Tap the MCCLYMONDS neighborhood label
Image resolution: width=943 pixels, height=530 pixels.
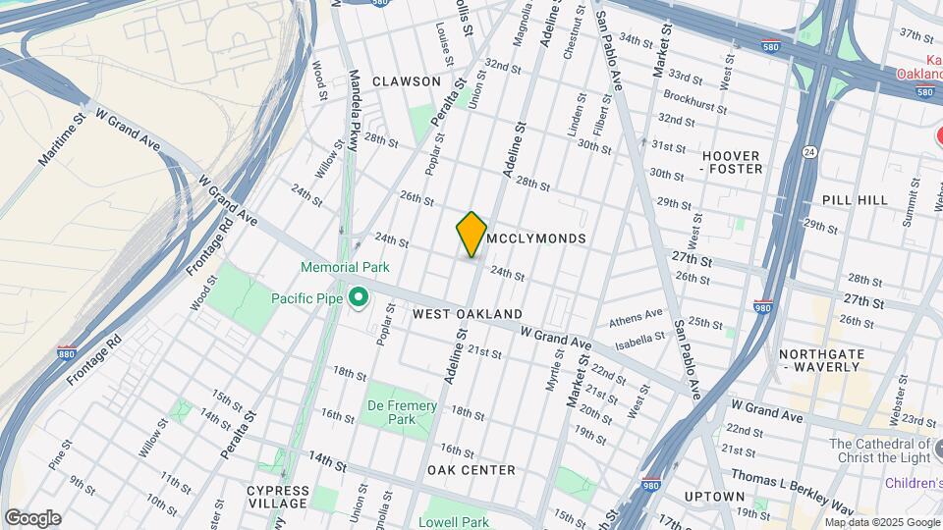point(536,238)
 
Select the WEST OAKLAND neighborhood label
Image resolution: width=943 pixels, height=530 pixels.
point(468,314)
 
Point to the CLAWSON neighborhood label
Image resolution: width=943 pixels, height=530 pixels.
point(407,81)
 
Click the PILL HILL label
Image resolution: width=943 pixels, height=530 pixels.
point(855,200)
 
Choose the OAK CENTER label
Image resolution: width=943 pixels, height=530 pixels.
point(471,470)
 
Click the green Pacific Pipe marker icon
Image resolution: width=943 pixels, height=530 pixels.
point(360,295)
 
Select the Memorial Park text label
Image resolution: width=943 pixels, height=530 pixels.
point(345,267)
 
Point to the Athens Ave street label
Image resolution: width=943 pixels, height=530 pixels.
point(636,317)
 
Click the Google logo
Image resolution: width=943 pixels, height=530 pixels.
point(32,518)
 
